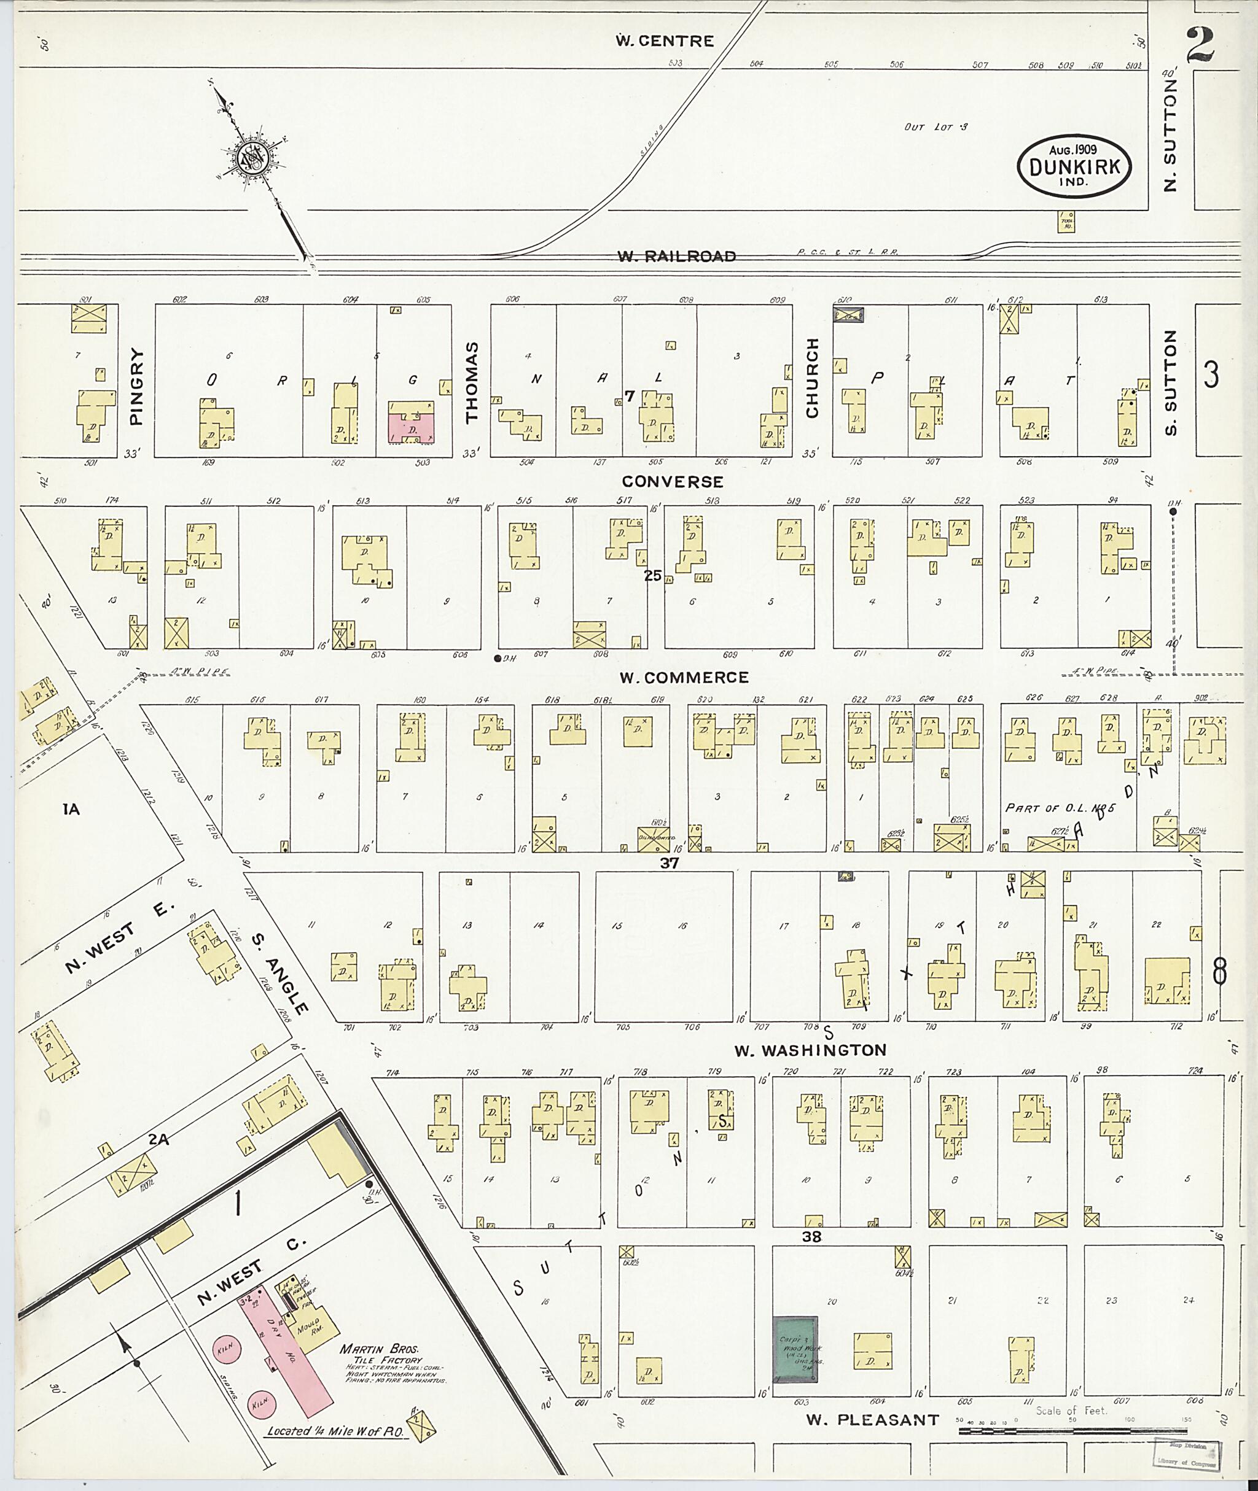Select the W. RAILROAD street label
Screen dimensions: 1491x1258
[676, 256]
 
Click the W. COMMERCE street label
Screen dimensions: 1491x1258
[683, 677]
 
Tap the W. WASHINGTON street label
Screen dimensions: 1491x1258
[810, 1050]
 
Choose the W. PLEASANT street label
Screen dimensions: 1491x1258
[872, 1420]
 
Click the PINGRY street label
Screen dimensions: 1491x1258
[137, 387]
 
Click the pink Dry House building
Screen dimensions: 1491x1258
[289, 1349]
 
